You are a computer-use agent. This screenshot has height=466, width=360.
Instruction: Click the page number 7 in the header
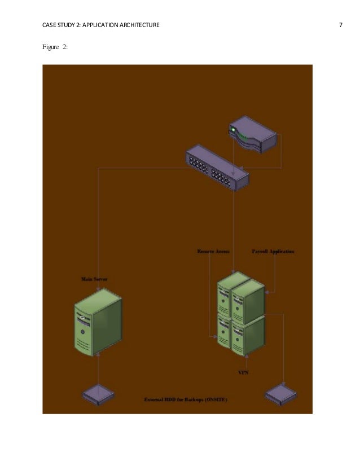click(341, 25)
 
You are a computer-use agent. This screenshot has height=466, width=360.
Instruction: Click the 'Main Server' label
click(94, 279)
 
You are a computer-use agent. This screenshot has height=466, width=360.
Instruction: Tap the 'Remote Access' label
click(213, 251)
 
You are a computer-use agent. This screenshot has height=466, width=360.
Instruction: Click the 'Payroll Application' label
click(273, 251)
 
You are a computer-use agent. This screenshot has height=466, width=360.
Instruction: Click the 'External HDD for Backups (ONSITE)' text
click(186, 399)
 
